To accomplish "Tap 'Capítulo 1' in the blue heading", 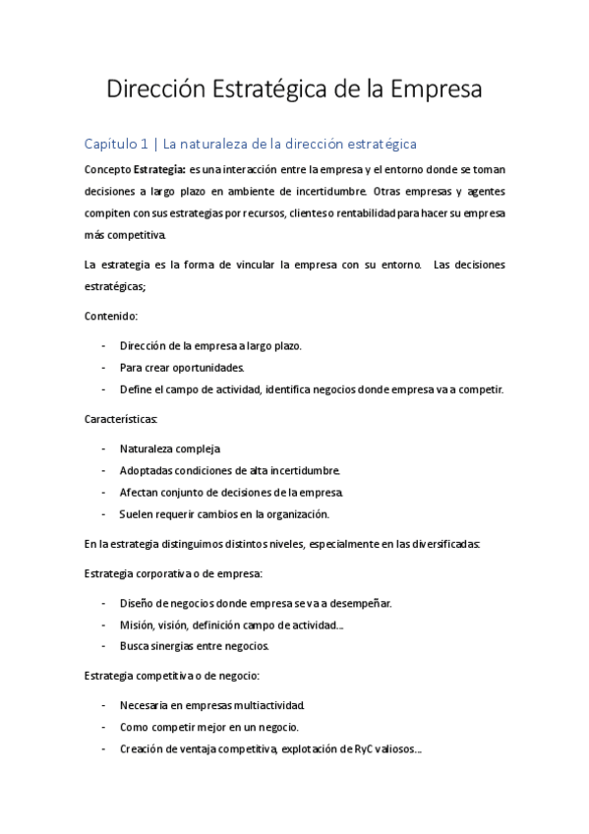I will pyautogui.click(x=116, y=145).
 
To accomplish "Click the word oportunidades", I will pyautogui.click(x=206, y=368).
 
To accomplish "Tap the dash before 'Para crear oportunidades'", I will pyautogui.click(x=104, y=368).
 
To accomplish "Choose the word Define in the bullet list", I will pyautogui.click(x=136, y=389).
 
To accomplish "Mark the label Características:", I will pyautogui.click(x=128, y=419).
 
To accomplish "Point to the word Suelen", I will pyautogui.click(x=138, y=513).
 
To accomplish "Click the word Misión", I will pyautogui.click(x=138, y=625).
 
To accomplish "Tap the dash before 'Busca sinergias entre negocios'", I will pyautogui.click(x=104, y=646).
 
